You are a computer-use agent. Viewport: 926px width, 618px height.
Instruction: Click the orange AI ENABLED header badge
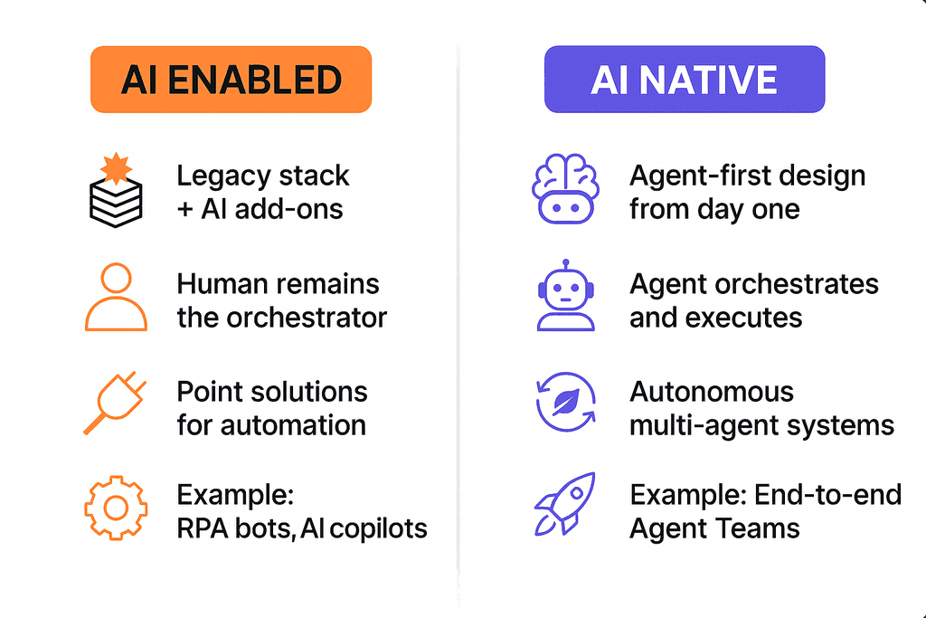[231, 80]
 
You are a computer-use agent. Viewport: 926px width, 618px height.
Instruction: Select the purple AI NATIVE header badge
[684, 80]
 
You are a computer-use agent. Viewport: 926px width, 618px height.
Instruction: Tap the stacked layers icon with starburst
[117, 192]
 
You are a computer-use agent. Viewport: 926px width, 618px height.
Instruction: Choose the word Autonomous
[712, 392]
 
